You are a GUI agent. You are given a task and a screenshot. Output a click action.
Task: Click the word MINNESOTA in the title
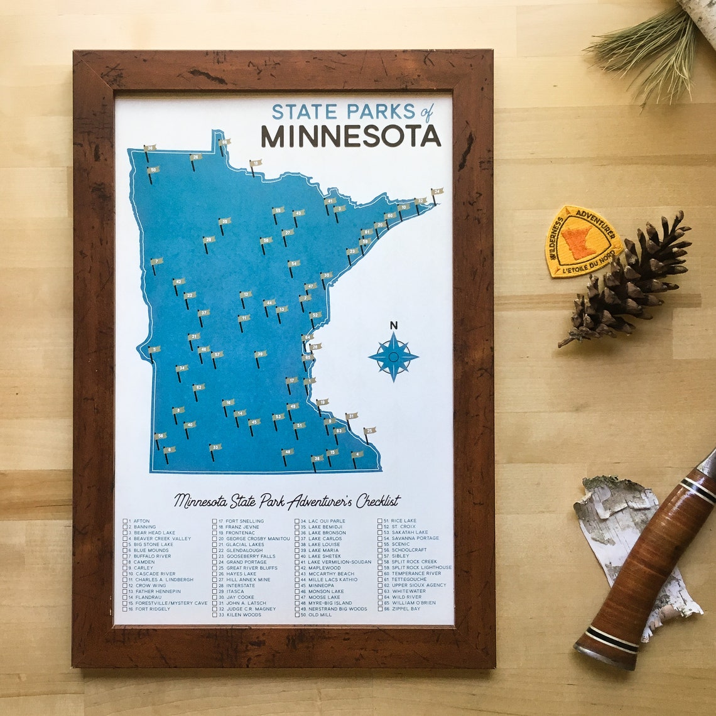click(x=350, y=136)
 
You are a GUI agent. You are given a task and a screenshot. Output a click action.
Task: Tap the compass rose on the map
click(x=393, y=357)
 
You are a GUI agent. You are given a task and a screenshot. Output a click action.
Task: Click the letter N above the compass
click(x=394, y=325)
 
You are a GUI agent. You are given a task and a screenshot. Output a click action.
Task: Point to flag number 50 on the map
click(x=153, y=170)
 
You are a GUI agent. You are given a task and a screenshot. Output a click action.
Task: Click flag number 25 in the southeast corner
click(x=369, y=431)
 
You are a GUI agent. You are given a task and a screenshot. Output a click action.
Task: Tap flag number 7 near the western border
click(x=156, y=261)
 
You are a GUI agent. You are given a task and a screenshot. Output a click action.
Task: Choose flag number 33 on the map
click(x=215, y=448)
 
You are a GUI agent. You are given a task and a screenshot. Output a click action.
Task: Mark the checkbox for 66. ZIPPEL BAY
click(x=380, y=609)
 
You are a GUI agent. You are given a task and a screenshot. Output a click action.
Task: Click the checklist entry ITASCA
click(x=235, y=591)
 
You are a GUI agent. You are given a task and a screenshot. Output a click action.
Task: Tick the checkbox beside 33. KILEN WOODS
click(x=215, y=614)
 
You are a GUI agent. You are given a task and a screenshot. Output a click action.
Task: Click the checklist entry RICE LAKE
click(x=403, y=521)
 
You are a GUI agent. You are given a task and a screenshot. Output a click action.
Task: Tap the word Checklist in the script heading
click(x=377, y=501)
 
